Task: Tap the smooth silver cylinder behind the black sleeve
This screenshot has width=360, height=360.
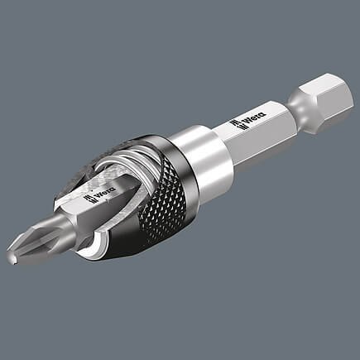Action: coord(199,153)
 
